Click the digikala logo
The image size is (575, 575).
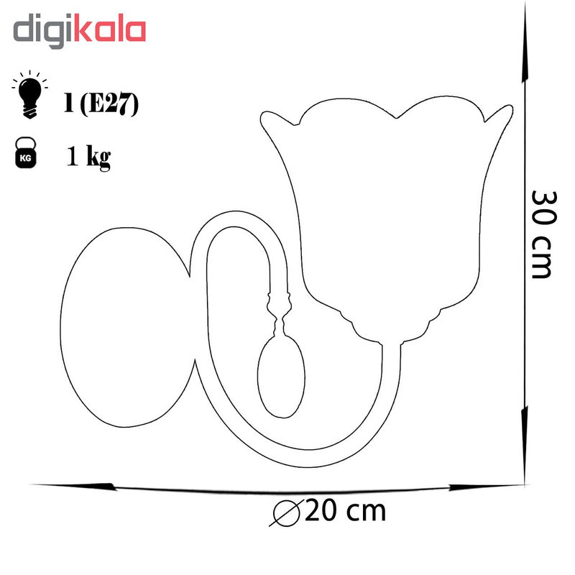(80, 31)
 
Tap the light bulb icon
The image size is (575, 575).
(29, 95)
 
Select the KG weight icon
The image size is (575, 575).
(26, 153)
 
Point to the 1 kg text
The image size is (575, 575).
(88, 157)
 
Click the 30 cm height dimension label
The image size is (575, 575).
(543, 234)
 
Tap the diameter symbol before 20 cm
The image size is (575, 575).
(286, 512)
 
